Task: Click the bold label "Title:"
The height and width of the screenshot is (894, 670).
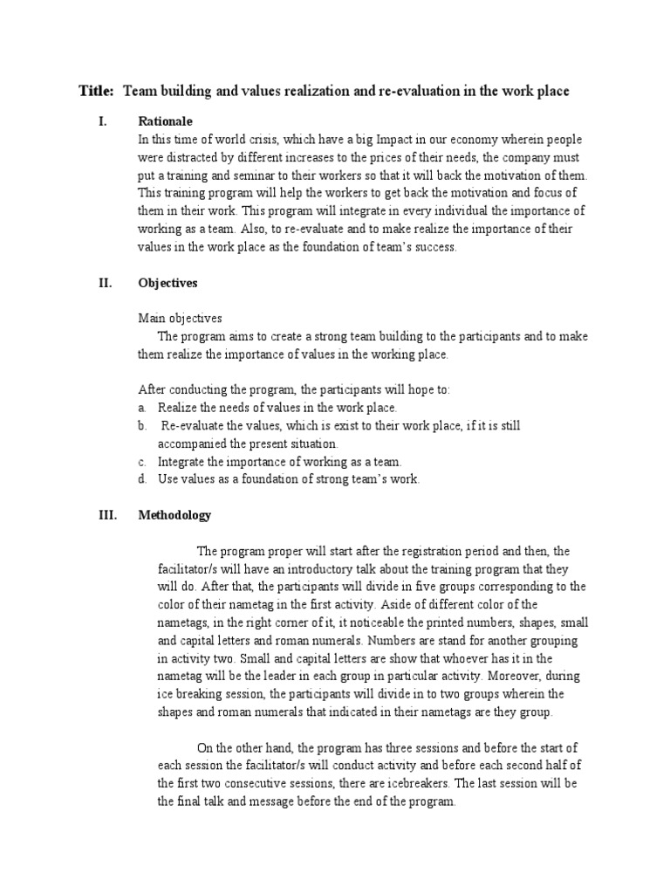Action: [x=96, y=91]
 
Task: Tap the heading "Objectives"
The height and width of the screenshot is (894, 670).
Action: [x=168, y=283]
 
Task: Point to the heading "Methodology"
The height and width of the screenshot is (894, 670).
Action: [x=174, y=515]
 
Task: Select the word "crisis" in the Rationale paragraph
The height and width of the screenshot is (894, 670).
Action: [x=258, y=140]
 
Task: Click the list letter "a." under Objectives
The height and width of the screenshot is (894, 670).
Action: [x=143, y=408]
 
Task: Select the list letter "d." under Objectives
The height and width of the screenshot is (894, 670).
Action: [x=143, y=479]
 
